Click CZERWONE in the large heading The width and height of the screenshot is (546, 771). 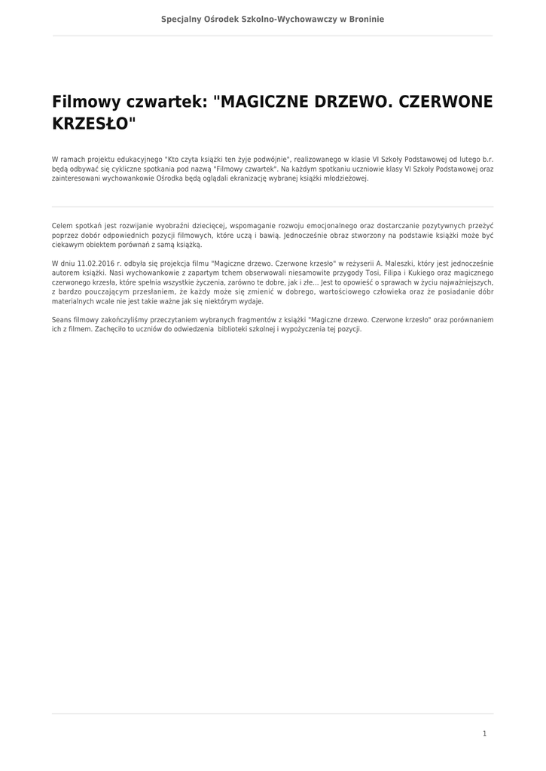445,102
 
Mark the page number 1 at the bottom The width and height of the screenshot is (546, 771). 484,733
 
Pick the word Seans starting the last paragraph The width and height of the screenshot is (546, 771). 62,320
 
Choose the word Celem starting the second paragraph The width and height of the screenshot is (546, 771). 63,226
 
